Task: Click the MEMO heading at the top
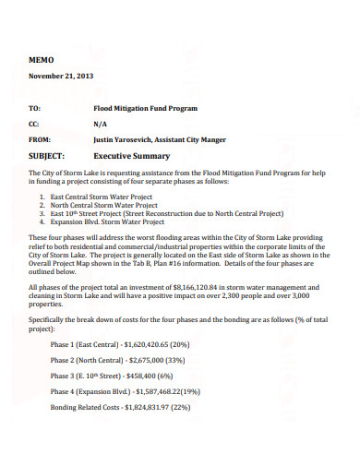point(42,58)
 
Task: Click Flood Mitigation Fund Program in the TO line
point(146,108)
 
